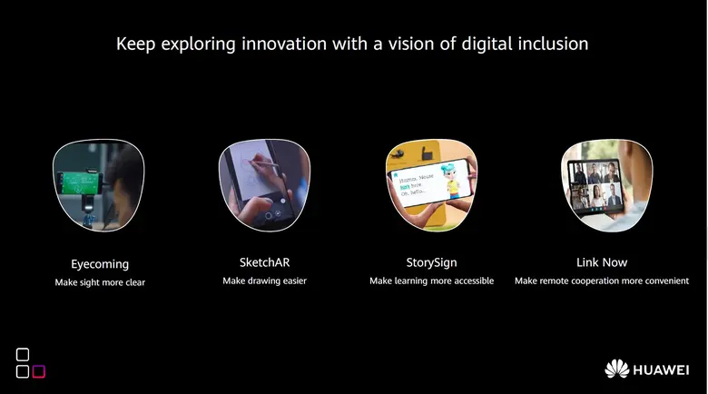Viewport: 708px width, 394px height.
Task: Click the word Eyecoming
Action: tap(100, 264)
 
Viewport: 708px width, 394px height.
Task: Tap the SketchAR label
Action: tap(264, 263)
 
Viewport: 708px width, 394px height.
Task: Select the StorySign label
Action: tap(431, 263)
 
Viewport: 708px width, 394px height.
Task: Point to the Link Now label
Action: tap(602, 263)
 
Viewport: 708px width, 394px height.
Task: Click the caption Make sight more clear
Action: tap(100, 282)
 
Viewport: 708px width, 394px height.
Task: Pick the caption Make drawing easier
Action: tap(264, 281)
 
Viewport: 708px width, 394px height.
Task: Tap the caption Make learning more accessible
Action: tap(431, 281)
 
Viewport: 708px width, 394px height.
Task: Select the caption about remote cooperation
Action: tap(602, 281)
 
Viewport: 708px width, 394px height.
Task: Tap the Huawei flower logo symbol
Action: tap(617, 369)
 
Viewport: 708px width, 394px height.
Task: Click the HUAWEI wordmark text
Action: tap(662, 370)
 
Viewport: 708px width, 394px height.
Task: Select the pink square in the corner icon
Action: tap(38, 371)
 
